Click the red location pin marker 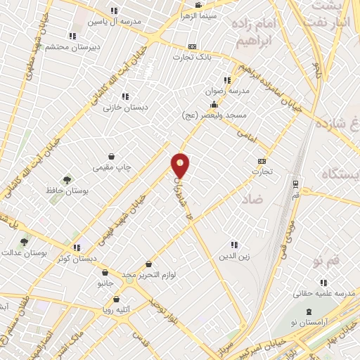click(x=181, y=165)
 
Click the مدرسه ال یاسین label click(x=114, y=21)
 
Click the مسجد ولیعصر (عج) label click(x=213, y=114)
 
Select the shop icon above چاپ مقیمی click(x=112, y=157)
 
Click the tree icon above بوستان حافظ click(x=67, y=180)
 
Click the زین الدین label click(x=235, y=256)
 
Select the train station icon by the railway click(x=296, y=185)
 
